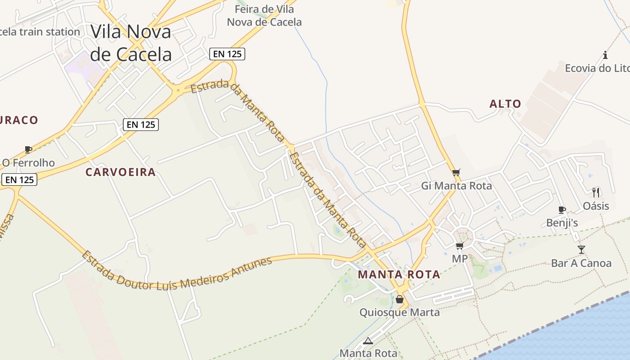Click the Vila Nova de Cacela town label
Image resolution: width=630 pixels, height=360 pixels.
(x=131, y=43)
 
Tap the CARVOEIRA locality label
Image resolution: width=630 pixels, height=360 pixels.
(x=121, y=172)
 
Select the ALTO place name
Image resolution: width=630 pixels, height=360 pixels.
(x=505, y=104)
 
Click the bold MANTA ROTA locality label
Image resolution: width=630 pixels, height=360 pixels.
(x=399, y=274)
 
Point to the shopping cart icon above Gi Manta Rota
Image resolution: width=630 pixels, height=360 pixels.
(x=456, y=172)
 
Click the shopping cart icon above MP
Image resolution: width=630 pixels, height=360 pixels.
(x=459, y=246)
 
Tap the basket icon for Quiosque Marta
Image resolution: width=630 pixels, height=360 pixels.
(x=399, y=299)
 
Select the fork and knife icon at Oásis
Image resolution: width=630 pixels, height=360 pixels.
(x=596, y=193)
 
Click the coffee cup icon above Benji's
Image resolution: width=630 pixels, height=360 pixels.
(x=562, y=210)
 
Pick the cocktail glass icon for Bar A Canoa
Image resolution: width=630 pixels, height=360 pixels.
(x=581, y=249)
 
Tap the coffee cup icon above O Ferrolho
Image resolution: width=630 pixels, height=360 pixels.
(x=28, y=149)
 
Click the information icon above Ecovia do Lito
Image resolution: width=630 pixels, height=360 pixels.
(x=605, y=55)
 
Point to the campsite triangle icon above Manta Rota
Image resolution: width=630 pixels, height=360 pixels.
(x=368, y=341)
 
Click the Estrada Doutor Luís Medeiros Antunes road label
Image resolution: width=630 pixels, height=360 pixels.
(x=177, y=271)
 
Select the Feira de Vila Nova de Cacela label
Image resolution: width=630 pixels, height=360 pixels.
(x=264, y=15)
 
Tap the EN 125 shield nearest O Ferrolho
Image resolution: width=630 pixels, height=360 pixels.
(x=19, y=180)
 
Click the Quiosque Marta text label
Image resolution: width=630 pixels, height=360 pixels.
(x=399, y=312)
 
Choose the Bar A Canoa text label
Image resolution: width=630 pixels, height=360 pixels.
(x=581, y=263)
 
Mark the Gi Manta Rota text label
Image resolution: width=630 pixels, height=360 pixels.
(x=456, y=185)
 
